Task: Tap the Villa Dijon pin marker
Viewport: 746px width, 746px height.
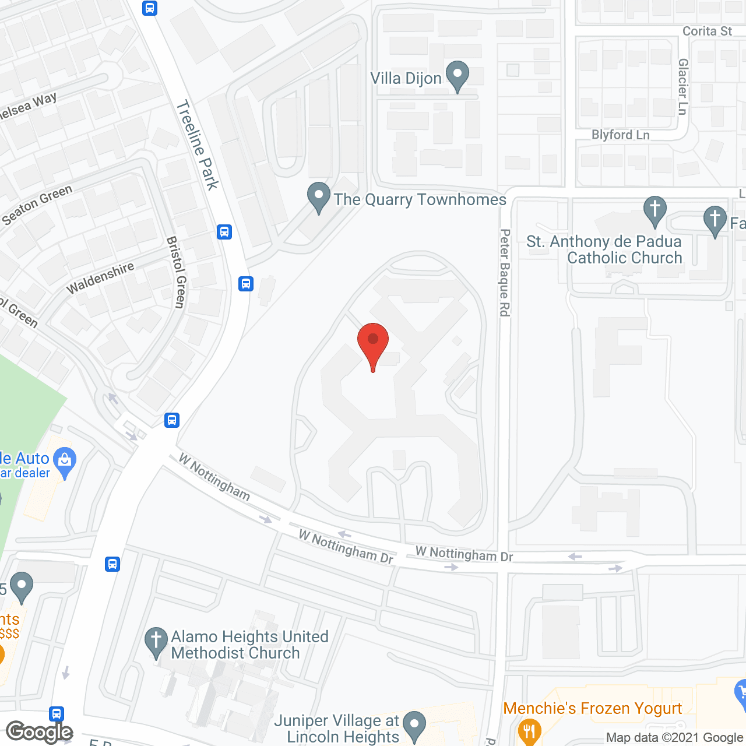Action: click(x=458, y=75)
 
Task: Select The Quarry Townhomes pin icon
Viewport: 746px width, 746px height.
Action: click(x=318, y=197)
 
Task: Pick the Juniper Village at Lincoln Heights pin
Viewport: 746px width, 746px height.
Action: click(x=414, y=726)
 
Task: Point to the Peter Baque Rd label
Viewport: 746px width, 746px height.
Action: click(x=505, y=273)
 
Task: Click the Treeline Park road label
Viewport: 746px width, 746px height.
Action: click(x=198, y=145)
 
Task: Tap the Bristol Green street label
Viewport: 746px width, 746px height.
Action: click(x=175, y=272)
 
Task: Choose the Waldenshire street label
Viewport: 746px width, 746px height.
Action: click(x=100, y=278)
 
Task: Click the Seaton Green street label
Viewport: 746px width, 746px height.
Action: click(x=37, y=205)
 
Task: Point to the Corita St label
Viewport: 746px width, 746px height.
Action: click(x=707, y=31)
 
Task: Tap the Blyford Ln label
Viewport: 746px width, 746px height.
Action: click(x=620, y=135)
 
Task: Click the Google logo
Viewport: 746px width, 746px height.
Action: click(x=39, y=732)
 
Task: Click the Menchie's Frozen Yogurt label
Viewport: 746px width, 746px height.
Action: click(x=592, y=708)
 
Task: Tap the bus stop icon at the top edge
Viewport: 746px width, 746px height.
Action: click(x=150, y=8)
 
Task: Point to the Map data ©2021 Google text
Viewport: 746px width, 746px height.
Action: click(x=674, y=738)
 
